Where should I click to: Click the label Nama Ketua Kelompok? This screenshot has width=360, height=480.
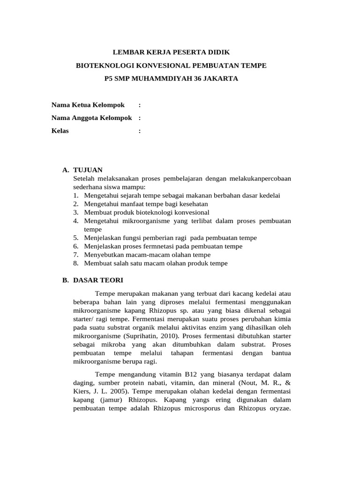pyautogui.click(x=88, y=105)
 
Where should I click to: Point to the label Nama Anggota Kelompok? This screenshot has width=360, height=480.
pyautogui.click(x=91, y=118)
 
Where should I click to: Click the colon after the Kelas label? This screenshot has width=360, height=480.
pyautogui.click(x=140, y=131)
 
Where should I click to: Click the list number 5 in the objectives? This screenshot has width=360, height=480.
pyautogui.click(x=75, y=238)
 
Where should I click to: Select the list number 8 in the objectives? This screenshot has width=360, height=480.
pyautogui.click(x=75, y=263)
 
